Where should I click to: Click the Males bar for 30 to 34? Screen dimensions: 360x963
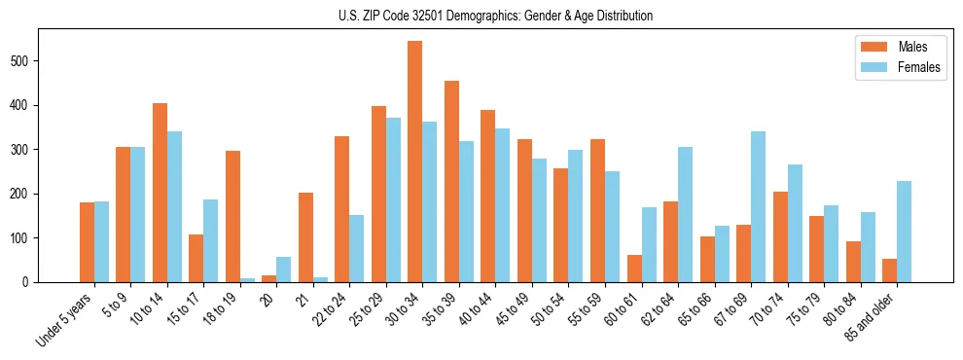[415, 162]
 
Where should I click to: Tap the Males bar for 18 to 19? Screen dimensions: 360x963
[232, 216]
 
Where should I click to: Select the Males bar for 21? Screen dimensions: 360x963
[305, 237]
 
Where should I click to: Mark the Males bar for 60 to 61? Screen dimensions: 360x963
[634, 269]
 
